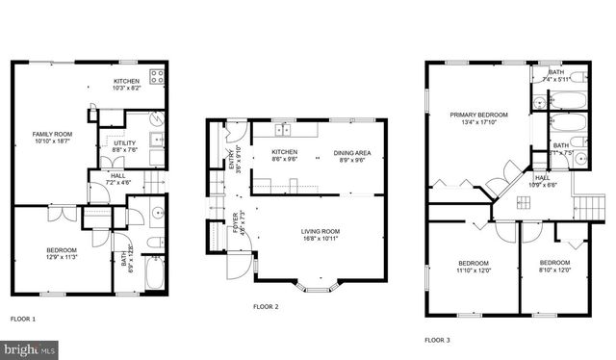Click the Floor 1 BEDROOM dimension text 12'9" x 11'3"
tap(62, 258)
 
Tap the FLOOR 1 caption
tap(22, 318)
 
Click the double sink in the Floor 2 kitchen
tap(284, 130)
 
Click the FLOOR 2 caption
tap(265, 307)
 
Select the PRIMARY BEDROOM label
tap(478, 115)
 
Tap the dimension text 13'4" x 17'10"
tap(478, 123)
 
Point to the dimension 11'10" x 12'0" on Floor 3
tap(474, 270)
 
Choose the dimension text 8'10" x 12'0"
tap(555, 270)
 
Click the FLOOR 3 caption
tap(437, 340)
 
